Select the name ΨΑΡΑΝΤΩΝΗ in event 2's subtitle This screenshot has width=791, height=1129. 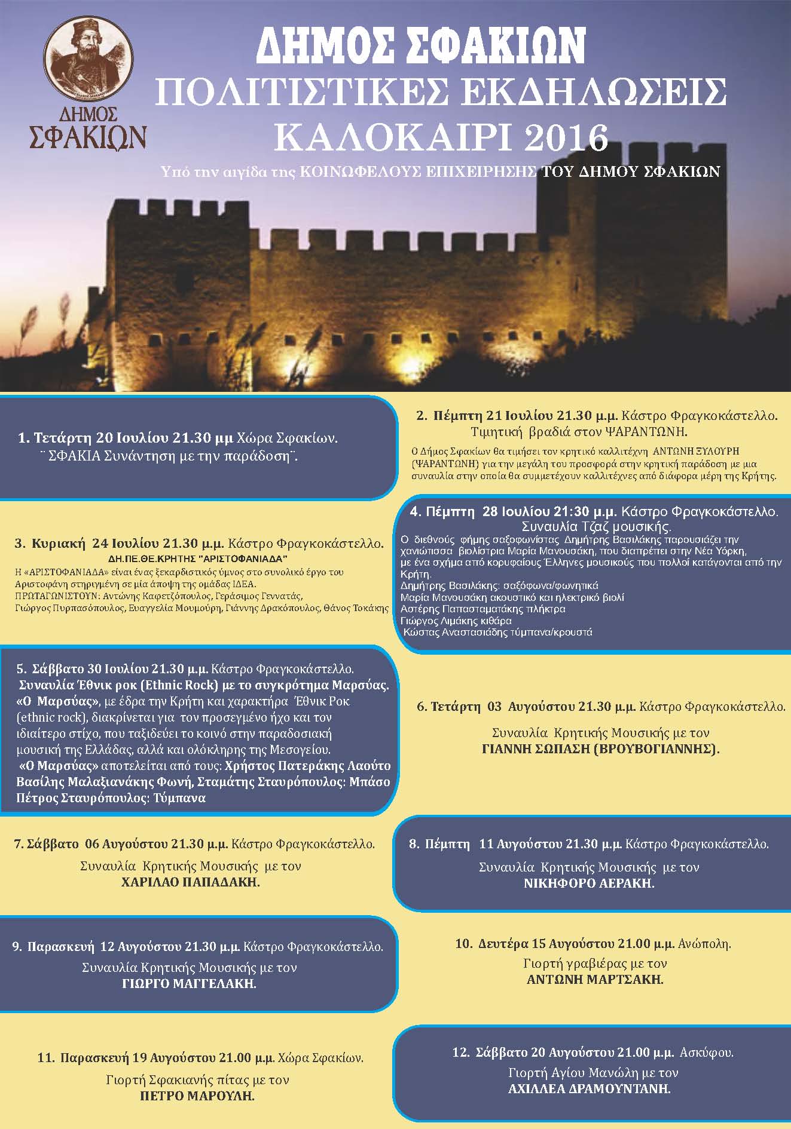[645, 432]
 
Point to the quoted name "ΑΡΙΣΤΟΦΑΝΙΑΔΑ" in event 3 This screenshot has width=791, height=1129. [245, 559]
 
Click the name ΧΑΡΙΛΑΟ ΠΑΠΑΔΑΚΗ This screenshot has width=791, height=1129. [191, 882]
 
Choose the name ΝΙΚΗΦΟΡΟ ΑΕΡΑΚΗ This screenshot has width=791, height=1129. [589, 883]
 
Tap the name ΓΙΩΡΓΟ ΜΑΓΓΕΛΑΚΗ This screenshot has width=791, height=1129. [189, 984]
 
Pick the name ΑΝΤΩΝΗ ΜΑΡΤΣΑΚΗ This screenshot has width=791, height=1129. [595, 980]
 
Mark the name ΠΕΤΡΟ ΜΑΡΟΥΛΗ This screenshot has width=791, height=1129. [197, 1096]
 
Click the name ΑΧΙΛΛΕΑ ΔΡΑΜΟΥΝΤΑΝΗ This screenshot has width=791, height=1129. [589, 1089]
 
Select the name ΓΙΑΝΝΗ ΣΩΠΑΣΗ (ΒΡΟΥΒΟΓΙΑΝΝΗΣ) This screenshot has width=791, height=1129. [600, 748]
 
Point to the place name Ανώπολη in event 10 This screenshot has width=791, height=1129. [704, 944]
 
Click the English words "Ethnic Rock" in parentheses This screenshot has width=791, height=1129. [182, 685]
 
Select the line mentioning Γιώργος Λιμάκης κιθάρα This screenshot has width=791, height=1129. [456, 621]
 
